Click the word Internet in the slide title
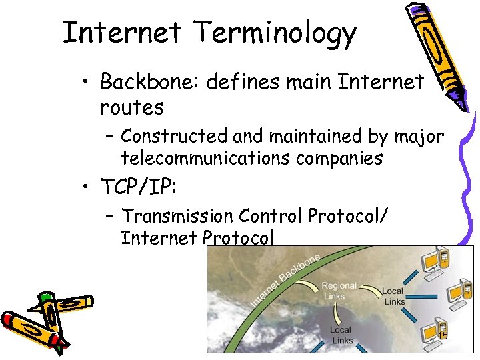coord(121,32)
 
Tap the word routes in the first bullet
coord(131,107)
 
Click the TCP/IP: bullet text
coord(138,187)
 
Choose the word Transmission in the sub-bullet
coord(178,216)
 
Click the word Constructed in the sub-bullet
coord(174,136)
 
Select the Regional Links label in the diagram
coord(339,291)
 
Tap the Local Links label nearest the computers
coord(394,297)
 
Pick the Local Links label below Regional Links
coord(341,335)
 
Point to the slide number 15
coord(442,336)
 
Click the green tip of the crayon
coord(44,296)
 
